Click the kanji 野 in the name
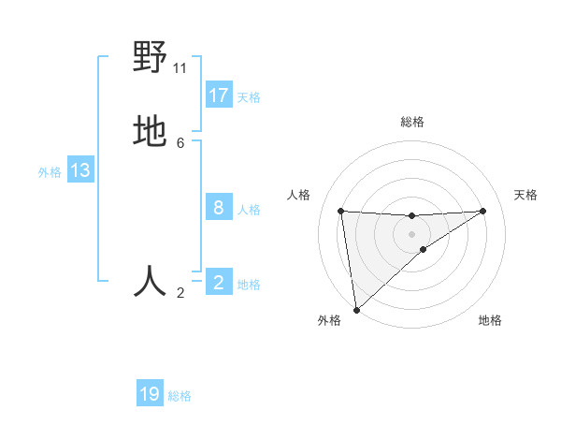(x=150, y=58)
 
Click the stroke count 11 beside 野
(x=180, y=67)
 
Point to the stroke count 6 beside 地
(x=180, y=142)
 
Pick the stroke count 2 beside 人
(x=180, y=293)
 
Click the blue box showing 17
(x=219, y=95)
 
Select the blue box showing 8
(x=219, y=208)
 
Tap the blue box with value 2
(x=219, y=283)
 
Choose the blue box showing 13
(x=80, y=170)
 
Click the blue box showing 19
(x=150, y=394)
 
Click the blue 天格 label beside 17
(x=249, y=96)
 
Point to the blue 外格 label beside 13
(x=50, y=171)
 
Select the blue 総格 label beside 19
(x=180, y=396)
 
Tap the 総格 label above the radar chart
(x=412, y=122)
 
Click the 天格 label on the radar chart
(x=526, y=195)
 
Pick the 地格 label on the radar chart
(x=490, y=320)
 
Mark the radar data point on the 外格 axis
(x=356, y=309)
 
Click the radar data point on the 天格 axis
(x=483, y=211)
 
